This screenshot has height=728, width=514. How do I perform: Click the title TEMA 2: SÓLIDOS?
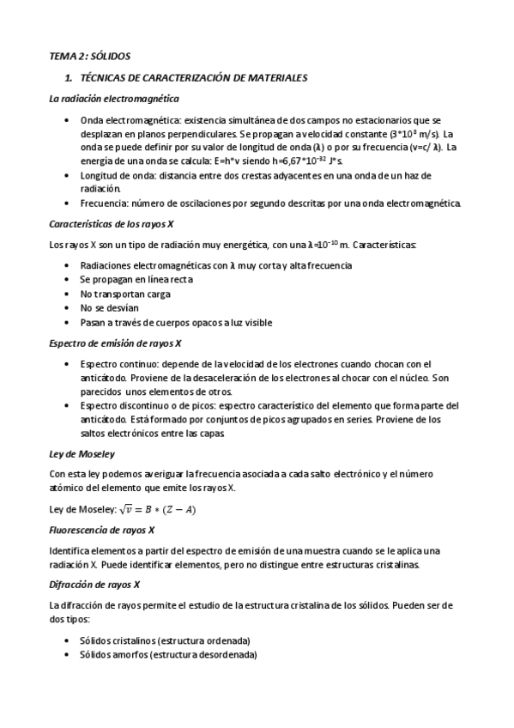coord(89,56)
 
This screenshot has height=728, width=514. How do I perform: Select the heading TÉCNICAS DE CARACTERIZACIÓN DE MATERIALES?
coord(193,77)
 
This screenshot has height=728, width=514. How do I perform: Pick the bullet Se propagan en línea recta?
coord(136,280)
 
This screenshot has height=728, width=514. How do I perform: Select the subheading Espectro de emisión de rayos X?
coord(114,343)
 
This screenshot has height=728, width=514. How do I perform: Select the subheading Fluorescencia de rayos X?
coord(102,530)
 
